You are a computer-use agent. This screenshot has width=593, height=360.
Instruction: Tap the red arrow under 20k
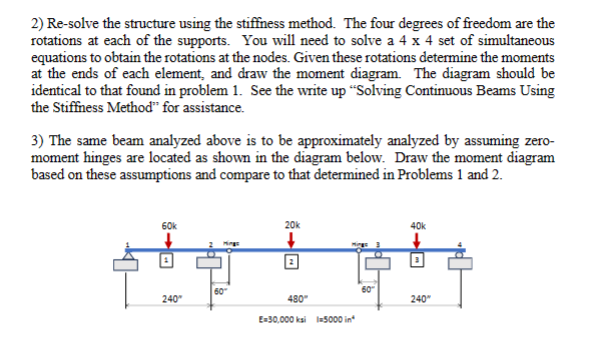tap(291, 240)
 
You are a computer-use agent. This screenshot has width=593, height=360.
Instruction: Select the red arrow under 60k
tap(168, 240)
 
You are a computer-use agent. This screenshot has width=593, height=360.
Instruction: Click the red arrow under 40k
tap(416, 240)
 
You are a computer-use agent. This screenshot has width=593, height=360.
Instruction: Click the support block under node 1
tap(127, 263)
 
